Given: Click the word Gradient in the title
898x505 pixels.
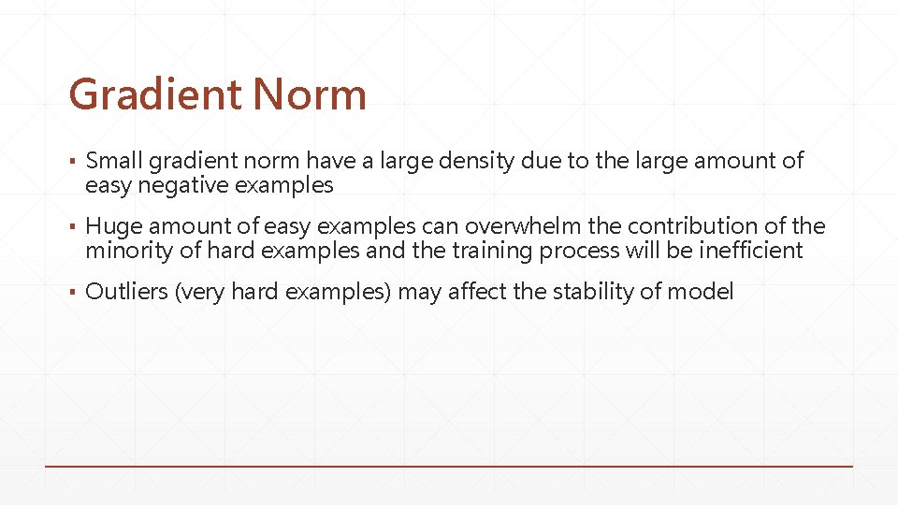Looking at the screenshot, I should (154, 94).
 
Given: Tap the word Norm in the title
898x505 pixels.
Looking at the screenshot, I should (310, 94).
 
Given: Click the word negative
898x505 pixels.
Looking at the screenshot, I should (182, 185).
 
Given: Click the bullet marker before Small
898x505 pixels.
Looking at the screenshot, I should (72, 162).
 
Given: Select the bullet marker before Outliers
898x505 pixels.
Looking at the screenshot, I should (72, 293).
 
